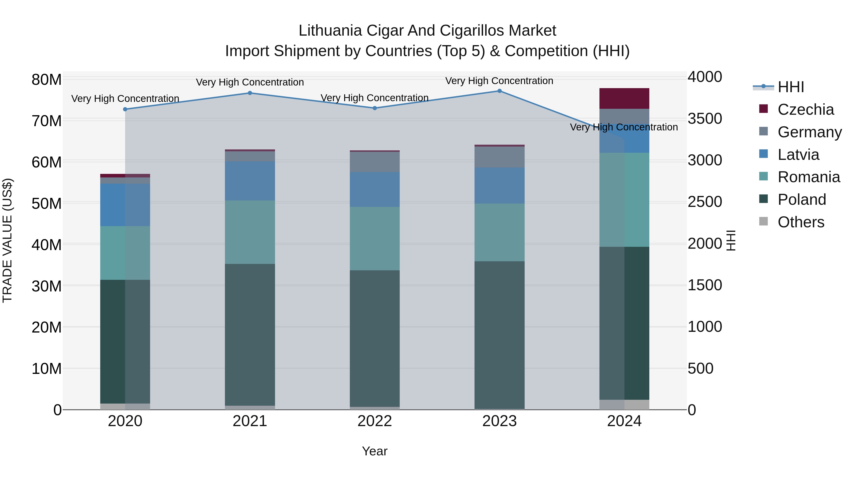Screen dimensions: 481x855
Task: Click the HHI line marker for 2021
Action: pyautogui.click(x=250, y=93)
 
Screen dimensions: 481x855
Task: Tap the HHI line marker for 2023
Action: pyautogui.click(x=499, y=91)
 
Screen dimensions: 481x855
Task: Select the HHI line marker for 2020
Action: pyautogui.click(x=125, y=109)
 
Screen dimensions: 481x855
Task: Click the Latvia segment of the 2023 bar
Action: pyautogui.click(x=499, y=185)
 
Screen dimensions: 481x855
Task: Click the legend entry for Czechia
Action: pyautogui.click(x=806, y=110)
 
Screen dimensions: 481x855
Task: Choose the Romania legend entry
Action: pyautogui.click(x=808, y=177)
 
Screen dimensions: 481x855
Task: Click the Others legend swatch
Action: pyautogui.click(x=763, y=221)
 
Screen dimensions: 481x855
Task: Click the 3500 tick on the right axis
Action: pyautogui.click(x=705, y=119)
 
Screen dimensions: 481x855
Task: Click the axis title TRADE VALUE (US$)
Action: pyautogui.click(x=7, y=240)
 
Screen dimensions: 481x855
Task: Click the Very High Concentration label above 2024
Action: pyautogui.click(x=624, y=127)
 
